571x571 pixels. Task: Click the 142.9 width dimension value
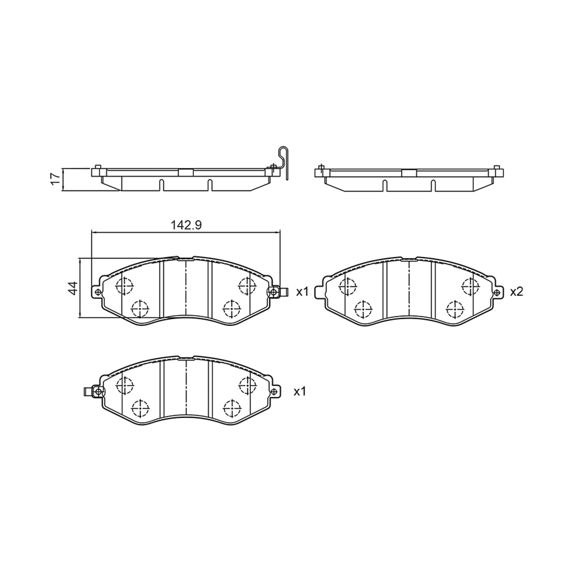click(186, 226)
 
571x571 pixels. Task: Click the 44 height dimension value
click(73, 288)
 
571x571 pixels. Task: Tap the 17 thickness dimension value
click(55, 179)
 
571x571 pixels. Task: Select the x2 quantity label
click(516, 292)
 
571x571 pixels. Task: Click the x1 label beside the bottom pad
click(299, 392)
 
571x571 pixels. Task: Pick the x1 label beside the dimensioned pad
click(302, 292)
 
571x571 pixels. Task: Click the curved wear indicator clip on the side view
click(283, 163)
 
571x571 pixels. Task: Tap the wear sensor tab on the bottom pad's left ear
click(88, 392)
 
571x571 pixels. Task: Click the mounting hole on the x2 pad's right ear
click(497, 293)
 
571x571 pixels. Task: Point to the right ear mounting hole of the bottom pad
click(275, 392)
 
